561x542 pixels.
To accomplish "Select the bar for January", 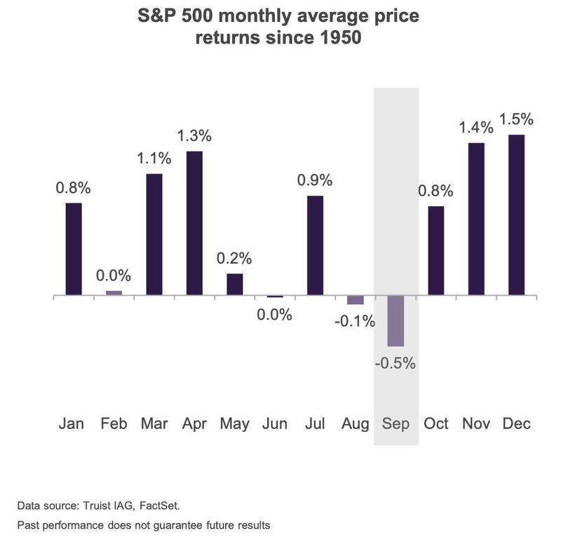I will pos(74,249).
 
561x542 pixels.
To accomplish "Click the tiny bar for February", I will pos(114,293).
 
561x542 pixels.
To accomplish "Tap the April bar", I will pos(194,223).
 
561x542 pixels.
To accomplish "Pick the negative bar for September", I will pos(396,320).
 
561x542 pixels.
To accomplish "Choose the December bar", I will pos(515,215).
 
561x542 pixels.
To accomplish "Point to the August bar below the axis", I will pos(356,300).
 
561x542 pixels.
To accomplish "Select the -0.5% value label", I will pos(396,363).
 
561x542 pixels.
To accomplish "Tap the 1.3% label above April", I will pos(194,135).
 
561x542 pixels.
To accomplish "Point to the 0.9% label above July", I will pos(316,179).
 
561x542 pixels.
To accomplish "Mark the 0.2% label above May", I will pos(235,257).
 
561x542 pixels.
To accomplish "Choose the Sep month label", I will pos(396,424).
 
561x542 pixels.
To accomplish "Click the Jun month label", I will pos(274,424).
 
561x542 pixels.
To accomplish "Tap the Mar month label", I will pos(154,424).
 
